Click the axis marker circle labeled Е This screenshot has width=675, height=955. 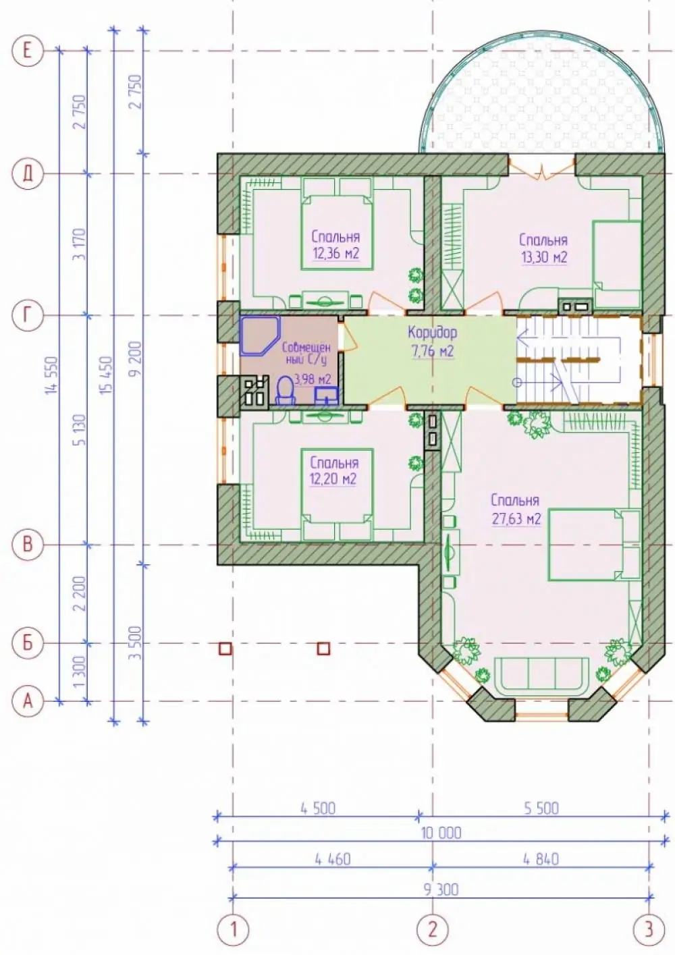28,51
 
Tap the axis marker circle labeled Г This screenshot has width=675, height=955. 28,315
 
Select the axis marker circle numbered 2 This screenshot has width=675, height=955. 433,928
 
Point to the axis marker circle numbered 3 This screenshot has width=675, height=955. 649,928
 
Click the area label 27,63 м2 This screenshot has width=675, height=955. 516,519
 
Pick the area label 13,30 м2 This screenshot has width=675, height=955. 543,258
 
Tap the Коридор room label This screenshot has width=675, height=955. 433,332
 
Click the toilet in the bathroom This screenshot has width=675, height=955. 286,391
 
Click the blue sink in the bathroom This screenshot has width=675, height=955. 327,395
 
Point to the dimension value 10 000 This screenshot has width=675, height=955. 441,833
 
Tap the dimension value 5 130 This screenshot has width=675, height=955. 79,430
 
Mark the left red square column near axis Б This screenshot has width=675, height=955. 225,649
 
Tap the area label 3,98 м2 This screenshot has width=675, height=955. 313,379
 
